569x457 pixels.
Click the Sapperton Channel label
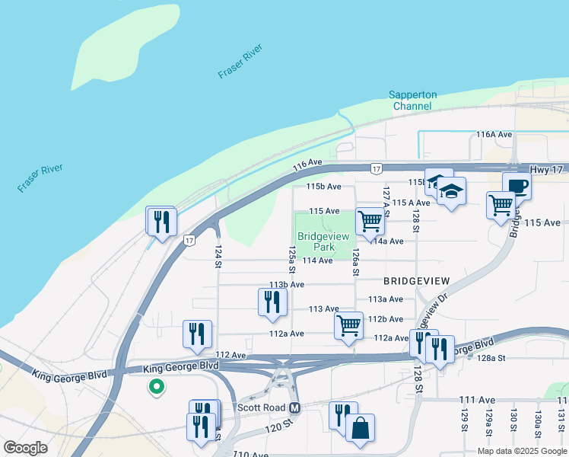click(413, 101)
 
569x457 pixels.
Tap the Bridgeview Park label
click(316, 241)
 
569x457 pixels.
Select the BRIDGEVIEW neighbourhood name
click(416, 280)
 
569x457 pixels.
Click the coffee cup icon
click(517, 186)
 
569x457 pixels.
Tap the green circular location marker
click(156, 388)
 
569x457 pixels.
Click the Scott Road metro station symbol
click(295, 407)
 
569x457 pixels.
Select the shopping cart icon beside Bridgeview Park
click(370, 221)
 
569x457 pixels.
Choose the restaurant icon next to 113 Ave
click(272, 303)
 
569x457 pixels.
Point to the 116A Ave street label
click(493, 134)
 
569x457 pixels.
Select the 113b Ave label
click(286, 284)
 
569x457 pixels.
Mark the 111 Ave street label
click(477, 400)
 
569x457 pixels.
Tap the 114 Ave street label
click(317, 260)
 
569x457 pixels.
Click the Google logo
click(26, 447)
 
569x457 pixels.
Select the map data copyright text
click(521, 451)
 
